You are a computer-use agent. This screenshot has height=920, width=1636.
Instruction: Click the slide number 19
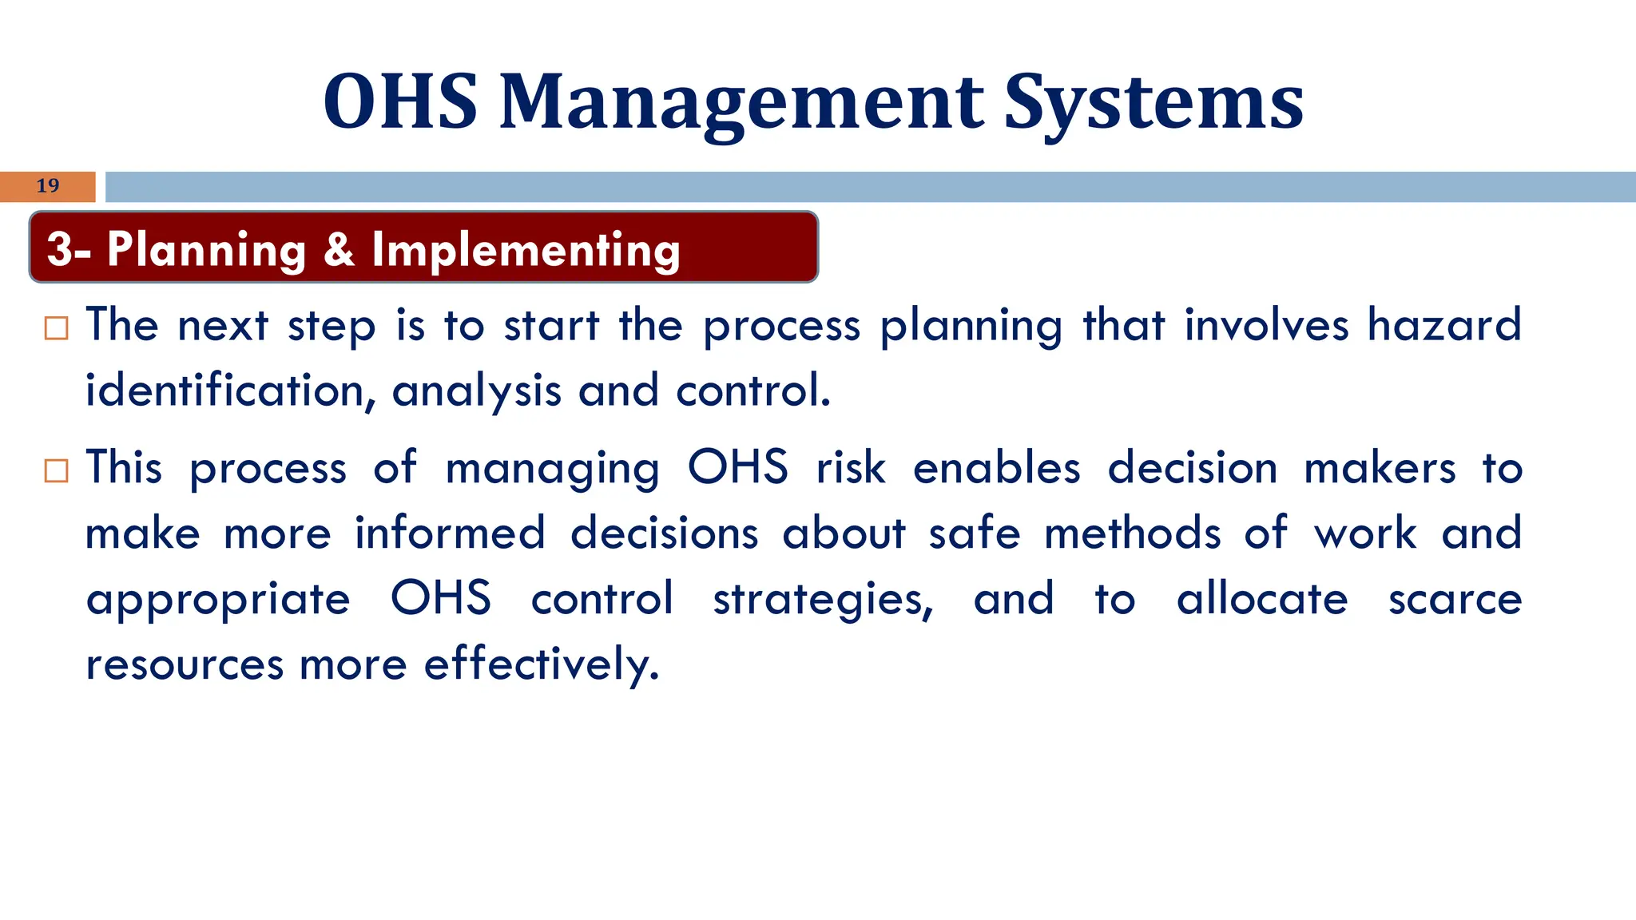point(48,185)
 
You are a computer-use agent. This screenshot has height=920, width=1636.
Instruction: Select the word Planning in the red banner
point(206,249)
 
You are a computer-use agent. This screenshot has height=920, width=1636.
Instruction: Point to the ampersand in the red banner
point(339,249)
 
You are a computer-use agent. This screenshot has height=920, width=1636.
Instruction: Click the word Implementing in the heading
point(526,251)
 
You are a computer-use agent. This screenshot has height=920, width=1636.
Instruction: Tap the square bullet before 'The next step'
point(57,328)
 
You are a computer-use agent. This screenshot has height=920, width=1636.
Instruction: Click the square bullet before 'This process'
point(57,470)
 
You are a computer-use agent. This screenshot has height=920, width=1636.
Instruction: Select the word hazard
point(1443,325)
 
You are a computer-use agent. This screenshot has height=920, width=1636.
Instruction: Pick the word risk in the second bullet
point(851,468)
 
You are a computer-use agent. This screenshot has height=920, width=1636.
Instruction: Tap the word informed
point(450,533)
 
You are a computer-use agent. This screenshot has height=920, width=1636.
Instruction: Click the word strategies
point(823,600)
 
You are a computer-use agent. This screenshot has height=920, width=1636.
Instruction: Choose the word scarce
point(1455,600)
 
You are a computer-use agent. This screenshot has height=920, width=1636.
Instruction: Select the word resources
point(185,664)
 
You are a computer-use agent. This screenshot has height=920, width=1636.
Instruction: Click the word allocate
point(1262,599)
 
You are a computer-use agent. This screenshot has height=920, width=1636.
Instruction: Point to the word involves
point(1266,325)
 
